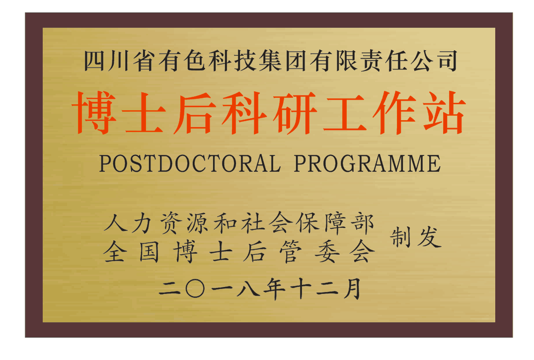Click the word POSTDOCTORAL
click(190, 163)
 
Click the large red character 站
click(444, 112)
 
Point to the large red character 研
click(295, 112)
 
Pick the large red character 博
click(94, 112)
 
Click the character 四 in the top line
click(94, 61)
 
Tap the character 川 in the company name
click(119, 61)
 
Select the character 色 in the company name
click(194, 61)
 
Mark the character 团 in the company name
click(295, 61)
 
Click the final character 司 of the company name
click(447, 61)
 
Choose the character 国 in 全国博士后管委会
click(149, 252)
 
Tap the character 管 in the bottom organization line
click(290, 252)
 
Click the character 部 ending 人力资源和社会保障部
click(363, 223)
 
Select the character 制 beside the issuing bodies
click(400, 237)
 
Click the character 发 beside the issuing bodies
click(430, 237)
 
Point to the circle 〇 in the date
click(195, 289)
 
